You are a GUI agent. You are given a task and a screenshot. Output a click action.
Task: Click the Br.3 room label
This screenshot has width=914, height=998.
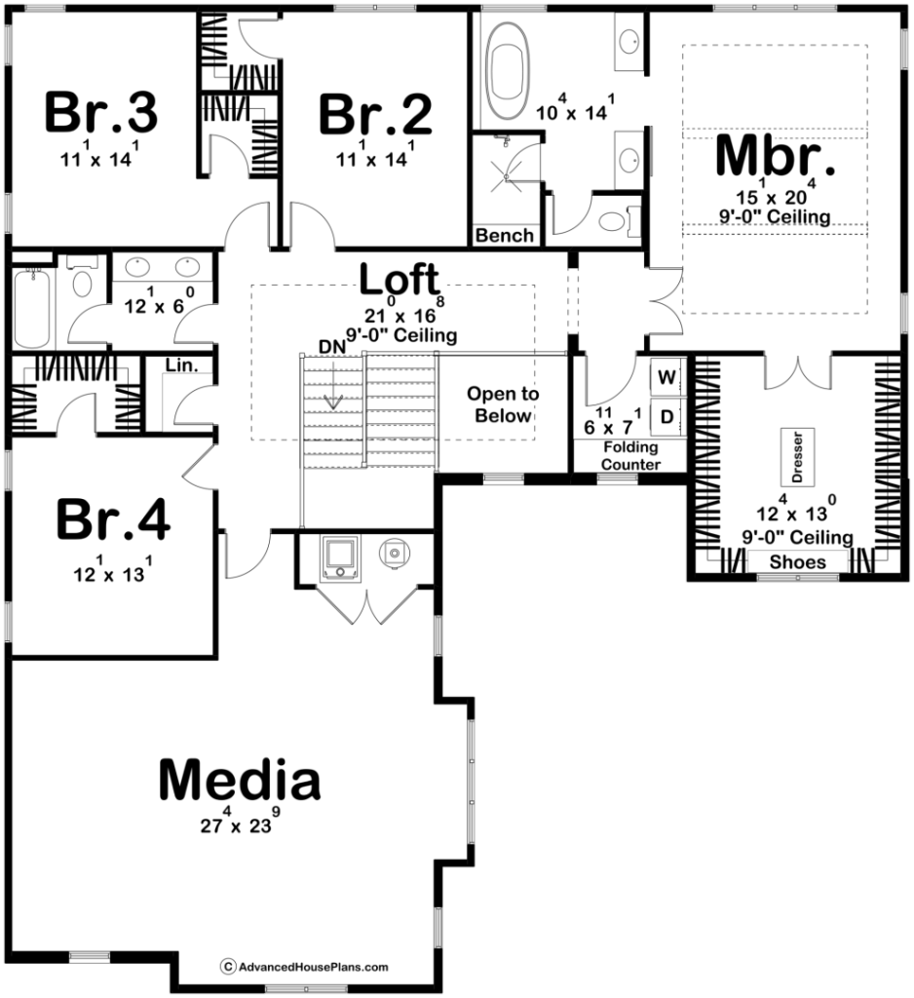click(x=101, y=113)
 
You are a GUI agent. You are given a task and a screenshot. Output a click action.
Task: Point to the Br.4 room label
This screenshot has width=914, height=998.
click(x=113, y=519)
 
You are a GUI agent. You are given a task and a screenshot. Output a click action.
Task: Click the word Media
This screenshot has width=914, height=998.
click(x=240, y=780)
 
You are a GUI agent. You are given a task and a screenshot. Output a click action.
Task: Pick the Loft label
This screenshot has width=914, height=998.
click(x=400, y=280)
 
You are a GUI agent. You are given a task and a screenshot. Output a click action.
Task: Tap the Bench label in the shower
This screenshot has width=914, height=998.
click(x=505, y=235)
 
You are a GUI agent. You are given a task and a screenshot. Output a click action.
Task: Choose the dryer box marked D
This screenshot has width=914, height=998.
click(x=666, y=416)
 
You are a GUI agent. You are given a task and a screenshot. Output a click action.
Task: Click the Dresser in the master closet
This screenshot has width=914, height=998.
click(x=795, y=456)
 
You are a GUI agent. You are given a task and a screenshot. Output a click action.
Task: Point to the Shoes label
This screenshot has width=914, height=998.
click(x=797, y=561)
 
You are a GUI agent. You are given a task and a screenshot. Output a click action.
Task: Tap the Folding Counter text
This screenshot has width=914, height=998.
click(x=629, y=455)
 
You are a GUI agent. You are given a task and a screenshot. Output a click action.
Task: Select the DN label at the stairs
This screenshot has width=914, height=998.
click(x=331, y=346)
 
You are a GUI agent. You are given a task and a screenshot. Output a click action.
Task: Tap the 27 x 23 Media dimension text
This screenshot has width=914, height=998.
click(x=240, y=823)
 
